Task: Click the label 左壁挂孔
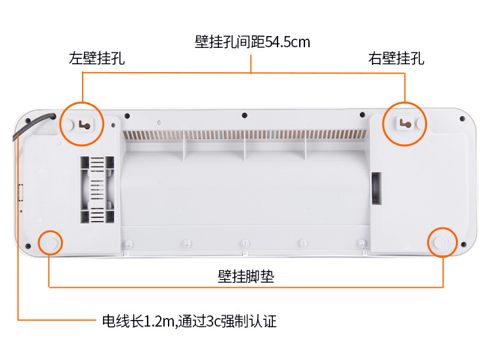(x=96, y=59)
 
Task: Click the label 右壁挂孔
(x=396, y=59)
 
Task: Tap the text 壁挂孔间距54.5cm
(x=252, y=43)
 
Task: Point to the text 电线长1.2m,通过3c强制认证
(x=189, y=321)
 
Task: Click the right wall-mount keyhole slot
(x=405, y=122)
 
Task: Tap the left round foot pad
(x=49, y=243)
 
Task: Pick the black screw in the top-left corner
(x=28, y=121)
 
